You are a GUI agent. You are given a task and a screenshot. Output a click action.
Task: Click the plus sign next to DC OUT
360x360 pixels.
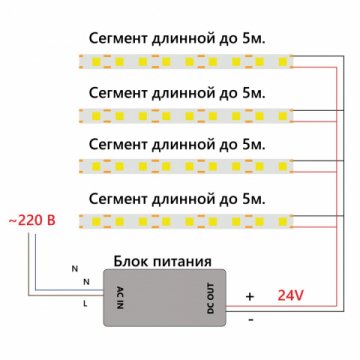pyautogui.click(x=249, y=297)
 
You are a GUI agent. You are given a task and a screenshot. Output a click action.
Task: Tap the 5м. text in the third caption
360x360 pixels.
pyautogui.click(x=262, y=141)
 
